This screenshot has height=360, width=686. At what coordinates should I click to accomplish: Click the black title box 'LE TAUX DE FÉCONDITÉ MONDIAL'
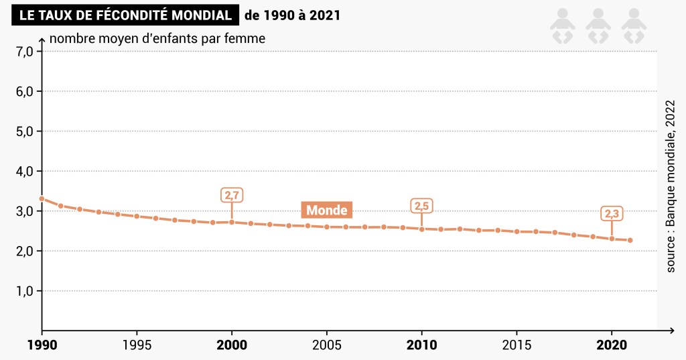125,15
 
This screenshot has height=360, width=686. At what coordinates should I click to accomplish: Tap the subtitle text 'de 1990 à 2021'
292,15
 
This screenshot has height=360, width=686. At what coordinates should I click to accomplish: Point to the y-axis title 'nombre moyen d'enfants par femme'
157,38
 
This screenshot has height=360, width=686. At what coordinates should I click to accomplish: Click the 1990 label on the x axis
42,346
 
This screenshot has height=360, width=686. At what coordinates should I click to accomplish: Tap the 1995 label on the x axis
137,346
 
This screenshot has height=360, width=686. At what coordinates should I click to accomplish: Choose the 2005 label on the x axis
326,346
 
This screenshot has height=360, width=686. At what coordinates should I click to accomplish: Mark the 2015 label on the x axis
516,346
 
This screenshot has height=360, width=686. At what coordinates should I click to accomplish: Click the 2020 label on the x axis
611,346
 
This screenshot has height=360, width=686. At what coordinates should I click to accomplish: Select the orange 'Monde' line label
327,211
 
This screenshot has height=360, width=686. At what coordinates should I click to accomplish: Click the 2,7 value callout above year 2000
232,196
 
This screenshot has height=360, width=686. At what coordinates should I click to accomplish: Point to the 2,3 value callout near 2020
612,214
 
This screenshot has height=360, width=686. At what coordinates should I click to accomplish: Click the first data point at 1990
42,198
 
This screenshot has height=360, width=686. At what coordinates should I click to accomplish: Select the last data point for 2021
630,240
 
